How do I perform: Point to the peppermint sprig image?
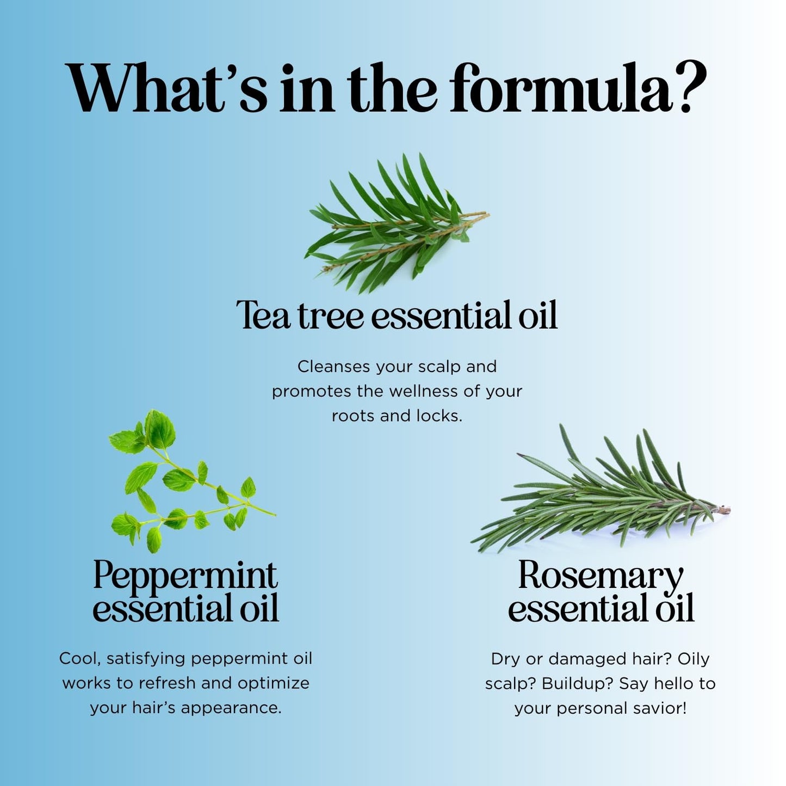[x=191, y=481]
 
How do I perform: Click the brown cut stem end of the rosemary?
[x=723, y=510]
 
